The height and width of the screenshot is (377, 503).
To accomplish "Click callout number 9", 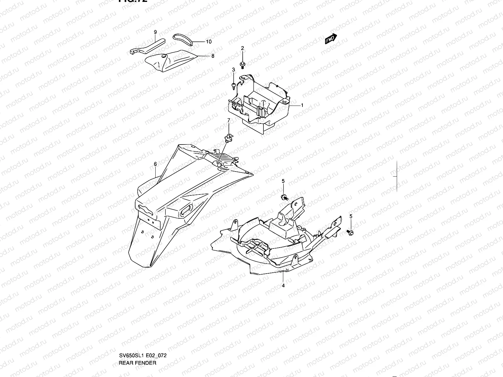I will click(x=155, y=32).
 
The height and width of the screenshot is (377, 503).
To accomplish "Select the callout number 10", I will click(x=209, y=41).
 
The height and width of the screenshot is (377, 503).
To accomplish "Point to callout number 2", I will click(x=242, y=48).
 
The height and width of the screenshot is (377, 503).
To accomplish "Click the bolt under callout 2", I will click(x=242, y=65).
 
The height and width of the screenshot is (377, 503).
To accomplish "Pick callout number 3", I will click(x=234, y=69).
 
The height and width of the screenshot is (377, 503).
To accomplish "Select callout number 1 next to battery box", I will click(x=302, y=105).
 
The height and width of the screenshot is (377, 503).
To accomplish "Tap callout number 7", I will click(x=229, y=120).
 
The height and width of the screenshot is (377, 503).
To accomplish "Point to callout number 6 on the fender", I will click(x=155, y=164).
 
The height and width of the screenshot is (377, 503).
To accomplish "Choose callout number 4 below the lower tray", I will click(x=283, y=286).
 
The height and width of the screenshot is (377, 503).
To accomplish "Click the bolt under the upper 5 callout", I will click(x=284, y=197).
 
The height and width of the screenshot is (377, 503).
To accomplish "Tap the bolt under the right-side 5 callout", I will click(x=350, y=232).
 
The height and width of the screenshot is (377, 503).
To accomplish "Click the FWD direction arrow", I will click(x=331, y=39).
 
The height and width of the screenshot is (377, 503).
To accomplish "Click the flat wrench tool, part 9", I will click(x=148, y=46).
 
